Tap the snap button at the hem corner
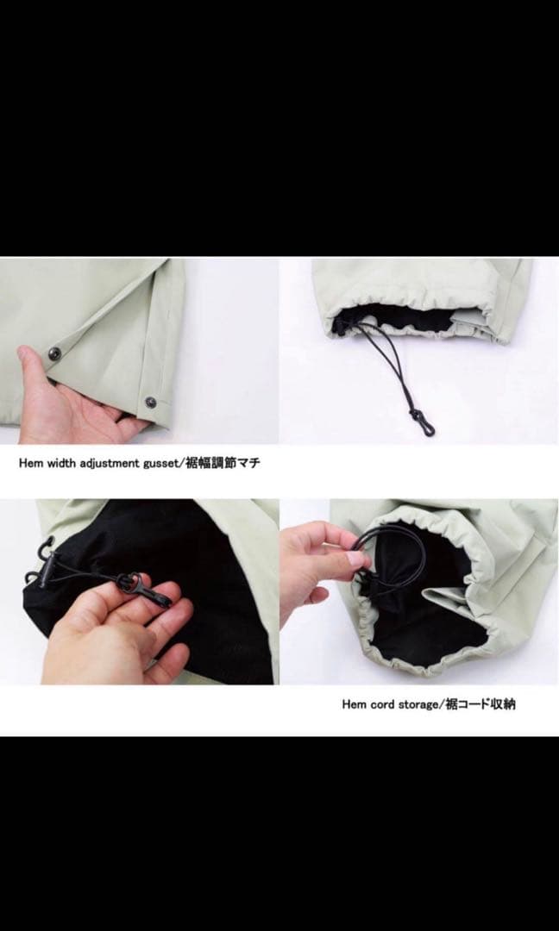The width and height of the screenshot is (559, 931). pyautogui.click(x=150, y=402)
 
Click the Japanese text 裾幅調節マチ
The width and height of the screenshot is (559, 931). pyautogui.click(x=227, y=463)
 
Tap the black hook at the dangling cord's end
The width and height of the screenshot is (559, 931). pyautogui.click(x=428, y=428)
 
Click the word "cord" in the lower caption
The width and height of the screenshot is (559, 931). pyautogui.click(x=384, y=704)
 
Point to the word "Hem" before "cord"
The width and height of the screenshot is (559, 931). pyautogui.click(x=355, y=704)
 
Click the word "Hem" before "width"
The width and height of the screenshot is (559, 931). pyautogui.click(x=31, y=463)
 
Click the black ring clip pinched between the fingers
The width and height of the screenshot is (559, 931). pyautogui.click(x=135, y=586)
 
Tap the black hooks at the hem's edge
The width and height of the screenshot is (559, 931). pyautogui.click(x=40, y=560)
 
